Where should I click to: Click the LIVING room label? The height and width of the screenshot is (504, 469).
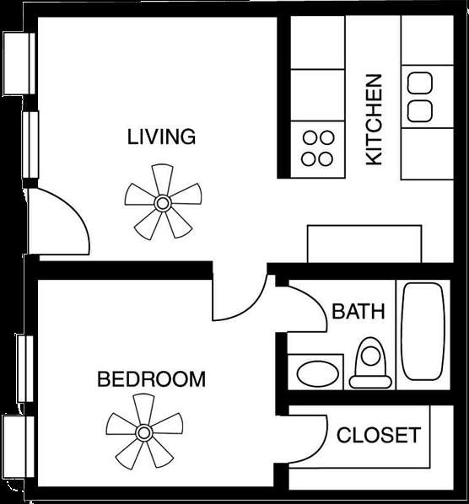coord(161,136)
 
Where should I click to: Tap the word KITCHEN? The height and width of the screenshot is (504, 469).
coord(374,120)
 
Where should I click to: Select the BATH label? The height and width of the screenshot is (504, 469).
coord(358,311)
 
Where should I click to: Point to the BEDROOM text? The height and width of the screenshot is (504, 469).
coord(151,378)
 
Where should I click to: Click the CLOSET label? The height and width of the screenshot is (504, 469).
coord(378,435)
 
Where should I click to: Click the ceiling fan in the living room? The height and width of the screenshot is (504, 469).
coord(162,201)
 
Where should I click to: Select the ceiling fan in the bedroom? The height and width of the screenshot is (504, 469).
coord(143,433)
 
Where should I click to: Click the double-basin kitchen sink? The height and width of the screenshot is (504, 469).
coord(418,95)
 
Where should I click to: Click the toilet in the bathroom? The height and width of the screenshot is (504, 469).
coord(369,362)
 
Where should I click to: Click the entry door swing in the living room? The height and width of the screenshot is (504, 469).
coord(61,219)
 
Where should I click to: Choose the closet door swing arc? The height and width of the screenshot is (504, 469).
coord(311,434)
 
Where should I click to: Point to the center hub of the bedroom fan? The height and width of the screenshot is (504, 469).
coord(143,433)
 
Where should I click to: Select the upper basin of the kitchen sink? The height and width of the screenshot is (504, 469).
coord(418,83)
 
